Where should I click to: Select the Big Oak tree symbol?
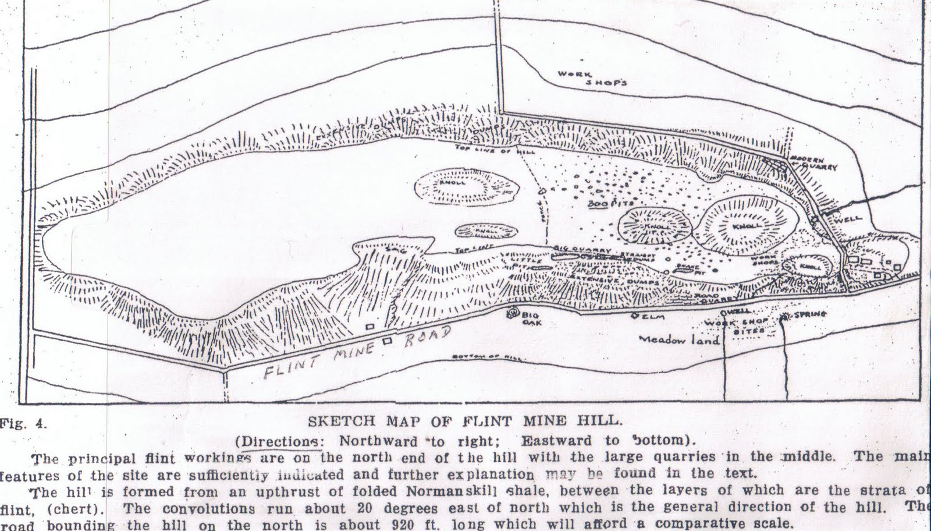[x=513, y=313]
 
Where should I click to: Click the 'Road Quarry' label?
[x=715, y=298]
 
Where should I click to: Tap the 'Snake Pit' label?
[x=690, y=268]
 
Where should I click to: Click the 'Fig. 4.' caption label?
[x=24, y=423]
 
